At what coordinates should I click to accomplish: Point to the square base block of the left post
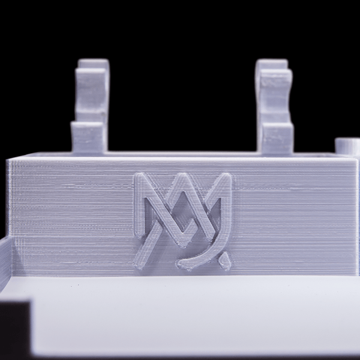pos(88,137)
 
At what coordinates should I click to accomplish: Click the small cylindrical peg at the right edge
pos(347,146)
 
